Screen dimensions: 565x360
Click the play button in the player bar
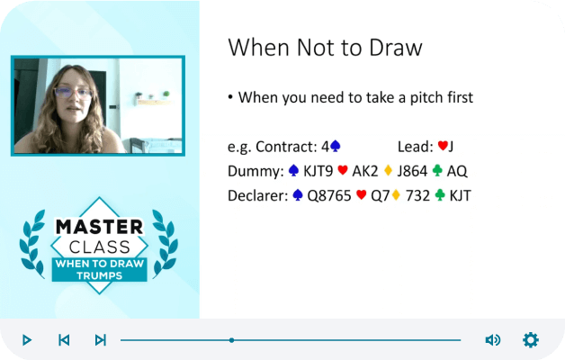tap(27, 340)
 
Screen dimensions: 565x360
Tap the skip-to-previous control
tap(64, 340)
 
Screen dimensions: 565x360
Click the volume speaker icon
tap(492, 340)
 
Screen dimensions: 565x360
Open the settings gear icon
tap(531, 340)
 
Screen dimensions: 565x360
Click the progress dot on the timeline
tap(232, 340)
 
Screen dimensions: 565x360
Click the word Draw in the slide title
tap(396, 47)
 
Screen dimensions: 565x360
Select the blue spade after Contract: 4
tap(336, 146)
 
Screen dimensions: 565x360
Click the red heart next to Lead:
tap(443, 146)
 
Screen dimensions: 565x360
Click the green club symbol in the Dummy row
tap(437, 170)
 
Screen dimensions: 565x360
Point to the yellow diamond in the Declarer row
tap(396, 195)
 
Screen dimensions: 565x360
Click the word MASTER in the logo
tap(100, 227)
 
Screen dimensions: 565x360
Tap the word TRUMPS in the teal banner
tap(100, 275)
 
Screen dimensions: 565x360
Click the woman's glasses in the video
tap(73, 93)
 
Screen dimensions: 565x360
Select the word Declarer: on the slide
tap(257, 195)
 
